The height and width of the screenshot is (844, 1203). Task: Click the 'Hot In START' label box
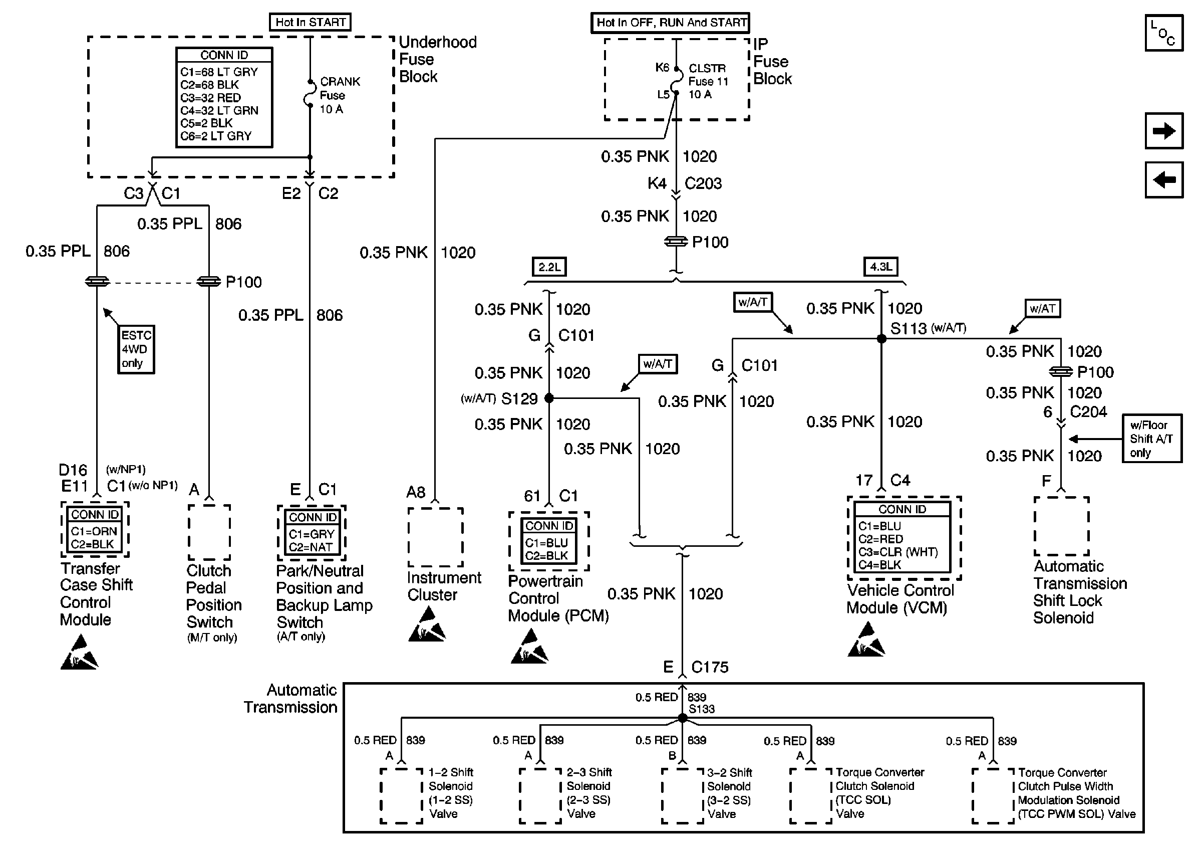(x=310, y=22)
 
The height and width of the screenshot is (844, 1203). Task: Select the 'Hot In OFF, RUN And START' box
(x=670, y=23)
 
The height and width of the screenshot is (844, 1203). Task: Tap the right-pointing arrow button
(x=1164, y=130)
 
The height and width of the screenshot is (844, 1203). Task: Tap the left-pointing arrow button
(x=1164, y=180)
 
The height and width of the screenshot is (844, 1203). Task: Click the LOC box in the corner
(x=1164, y=33)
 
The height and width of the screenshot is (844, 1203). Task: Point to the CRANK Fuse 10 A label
(x=339, y=95)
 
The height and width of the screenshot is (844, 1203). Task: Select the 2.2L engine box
(x=548, y=267)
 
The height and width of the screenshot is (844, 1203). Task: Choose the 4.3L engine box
(x=880, y=267)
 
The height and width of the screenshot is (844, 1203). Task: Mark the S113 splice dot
(x=881, y=339)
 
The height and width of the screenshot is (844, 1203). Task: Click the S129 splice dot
(x=549, y=398)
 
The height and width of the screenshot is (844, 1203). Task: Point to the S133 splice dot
(x=682, y=718)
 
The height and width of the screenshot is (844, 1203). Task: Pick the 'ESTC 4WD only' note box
(x=136, y=349)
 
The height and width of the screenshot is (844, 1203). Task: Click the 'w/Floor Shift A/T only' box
(x=1151, y=439)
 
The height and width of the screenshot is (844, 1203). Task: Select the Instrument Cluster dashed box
(x=435, y=537)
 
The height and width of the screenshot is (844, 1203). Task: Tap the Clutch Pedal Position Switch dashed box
(x=209, y=532)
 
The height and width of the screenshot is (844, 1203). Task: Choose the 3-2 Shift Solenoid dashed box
(x=682, y=796)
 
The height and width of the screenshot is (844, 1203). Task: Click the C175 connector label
(x=710, y=668)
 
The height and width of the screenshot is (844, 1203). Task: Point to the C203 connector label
(x=703, y=183)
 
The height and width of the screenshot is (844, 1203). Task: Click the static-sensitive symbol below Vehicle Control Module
(x=865, y=640)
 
